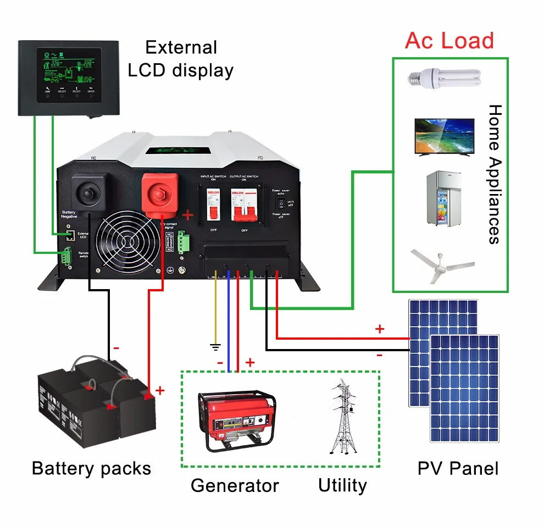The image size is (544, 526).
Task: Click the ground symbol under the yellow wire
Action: pyautogui.click(x=216, y=347)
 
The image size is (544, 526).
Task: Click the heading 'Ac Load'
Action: pyautogui.click(x=449, y=41)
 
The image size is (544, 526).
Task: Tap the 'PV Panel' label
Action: pyautogui.click(x=458, y=469)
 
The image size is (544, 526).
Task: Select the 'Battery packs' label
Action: pyautogui.click(x=91, y=468)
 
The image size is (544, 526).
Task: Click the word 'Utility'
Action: pyautogui.click(x=342, y=486)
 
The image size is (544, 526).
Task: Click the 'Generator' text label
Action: pyautogui.click(x=235, y=486)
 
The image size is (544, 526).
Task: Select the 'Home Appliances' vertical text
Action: pyautogui.click(x=495, y=174)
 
